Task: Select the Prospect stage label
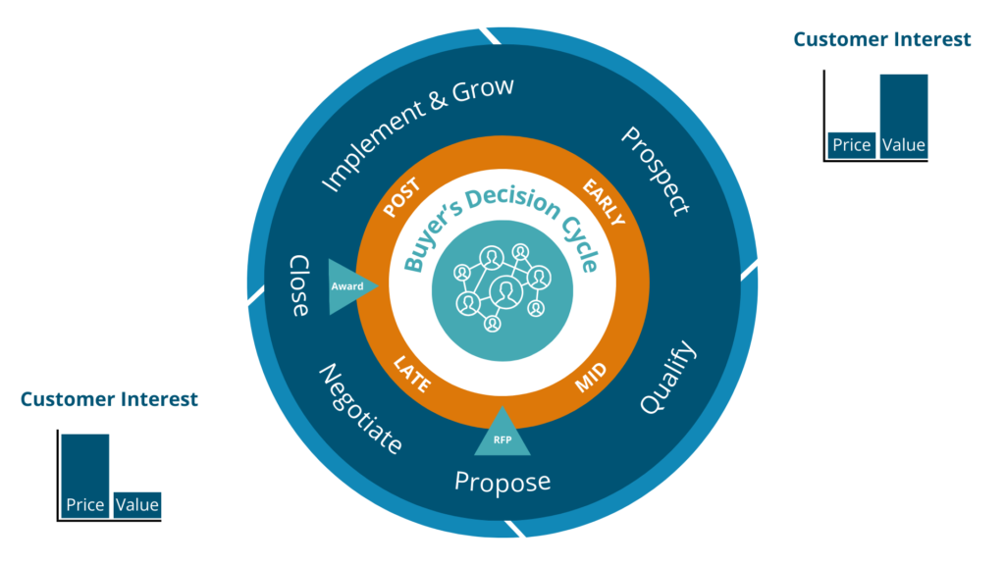click(656, 171)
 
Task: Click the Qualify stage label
click(668, 378)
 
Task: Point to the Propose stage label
click(502, 482)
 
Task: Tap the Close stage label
click(298, 285)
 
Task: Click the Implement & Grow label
click(417, 131)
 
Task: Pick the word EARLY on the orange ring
click(603, 202)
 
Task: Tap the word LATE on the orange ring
click(412, 374)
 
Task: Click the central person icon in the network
click(503, 291)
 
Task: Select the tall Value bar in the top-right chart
click(903, 116)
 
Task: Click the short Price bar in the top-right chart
click(851, 144)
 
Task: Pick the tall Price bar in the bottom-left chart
click(84, 476)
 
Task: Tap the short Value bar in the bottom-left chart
click(136, 504)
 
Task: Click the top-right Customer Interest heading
click(881, 39)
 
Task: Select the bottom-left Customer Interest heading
click(109, 399)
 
